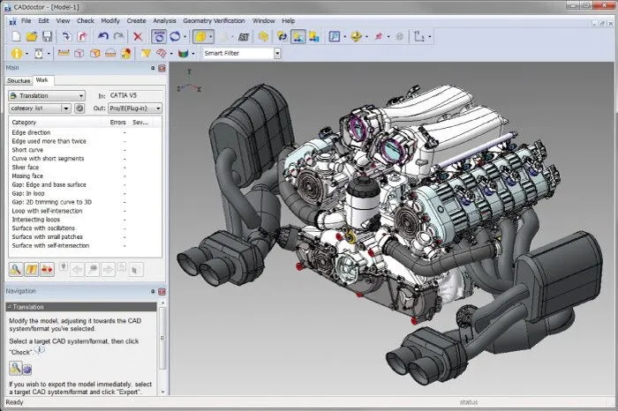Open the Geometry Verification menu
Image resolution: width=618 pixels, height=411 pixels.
tap(216, 19)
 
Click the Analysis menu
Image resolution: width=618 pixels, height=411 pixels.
tap(164, 19)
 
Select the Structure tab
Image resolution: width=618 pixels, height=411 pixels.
tap(19, 80)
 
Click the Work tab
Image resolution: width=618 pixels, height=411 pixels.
tap(42, 80)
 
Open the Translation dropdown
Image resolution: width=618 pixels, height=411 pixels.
tap(46, 95)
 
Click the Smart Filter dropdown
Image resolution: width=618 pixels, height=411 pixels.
tap(241, 53)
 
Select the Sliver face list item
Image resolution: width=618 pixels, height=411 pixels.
tap(26, 166)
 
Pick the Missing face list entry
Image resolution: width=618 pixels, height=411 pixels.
tap(28, 176)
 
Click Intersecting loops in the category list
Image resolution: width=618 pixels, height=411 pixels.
tap(34, 219)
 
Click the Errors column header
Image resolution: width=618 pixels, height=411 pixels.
tap(117, 122)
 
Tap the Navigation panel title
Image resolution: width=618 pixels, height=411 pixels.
tap(21, 290)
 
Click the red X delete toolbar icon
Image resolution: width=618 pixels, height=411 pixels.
tap(137, 36)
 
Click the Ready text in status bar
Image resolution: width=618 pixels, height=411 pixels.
tap(14, 402)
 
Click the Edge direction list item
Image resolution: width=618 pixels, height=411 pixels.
tap(31, 131)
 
